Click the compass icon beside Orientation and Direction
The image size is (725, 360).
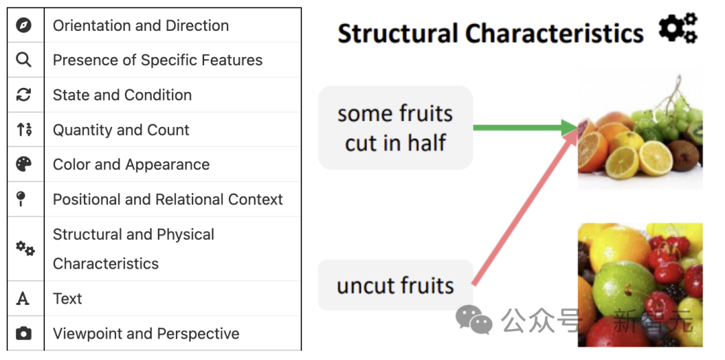(x=23, y=25)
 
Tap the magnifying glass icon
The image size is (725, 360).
(x=23, y=60)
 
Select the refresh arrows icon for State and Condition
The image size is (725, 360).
(x=23, y=95)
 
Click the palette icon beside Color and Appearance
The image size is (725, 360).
(x=23, y=165)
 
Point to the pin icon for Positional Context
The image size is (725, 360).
(x=21, y=199)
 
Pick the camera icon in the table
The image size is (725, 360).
(x=23, y=333)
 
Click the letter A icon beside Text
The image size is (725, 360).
(x=23, y=298)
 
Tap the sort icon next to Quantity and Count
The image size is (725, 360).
(x=24, y=130)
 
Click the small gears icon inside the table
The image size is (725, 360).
(x=25, y=248)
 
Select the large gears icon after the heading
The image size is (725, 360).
(x=678, y=28)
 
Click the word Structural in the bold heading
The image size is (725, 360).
(x=397, y=34)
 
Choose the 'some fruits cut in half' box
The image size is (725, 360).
(x=395, y=128)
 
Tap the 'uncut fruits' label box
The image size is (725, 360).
(x=395, y=285)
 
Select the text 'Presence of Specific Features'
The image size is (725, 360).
(x=158, y=60)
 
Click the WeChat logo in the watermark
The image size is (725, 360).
(x=474, y=319)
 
